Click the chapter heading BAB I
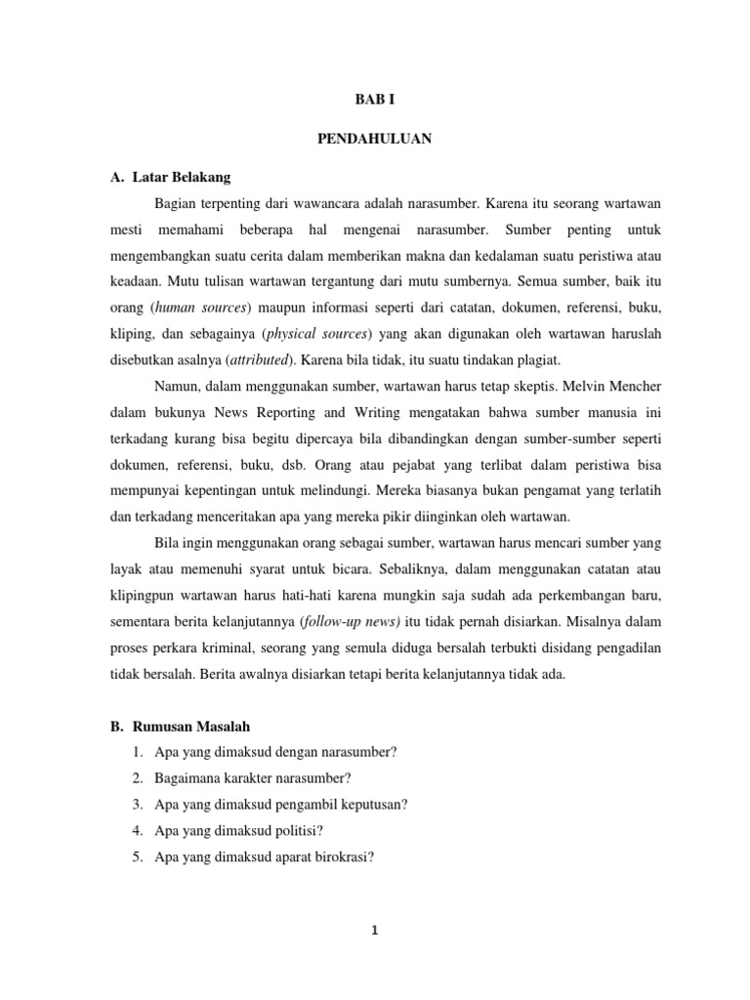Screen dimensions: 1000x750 point(374,101)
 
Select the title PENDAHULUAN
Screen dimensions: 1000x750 point(374,139)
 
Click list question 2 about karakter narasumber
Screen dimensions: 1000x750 point(252,777)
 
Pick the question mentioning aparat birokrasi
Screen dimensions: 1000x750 point(265,857)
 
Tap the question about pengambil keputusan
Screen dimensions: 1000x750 point(280,804)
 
